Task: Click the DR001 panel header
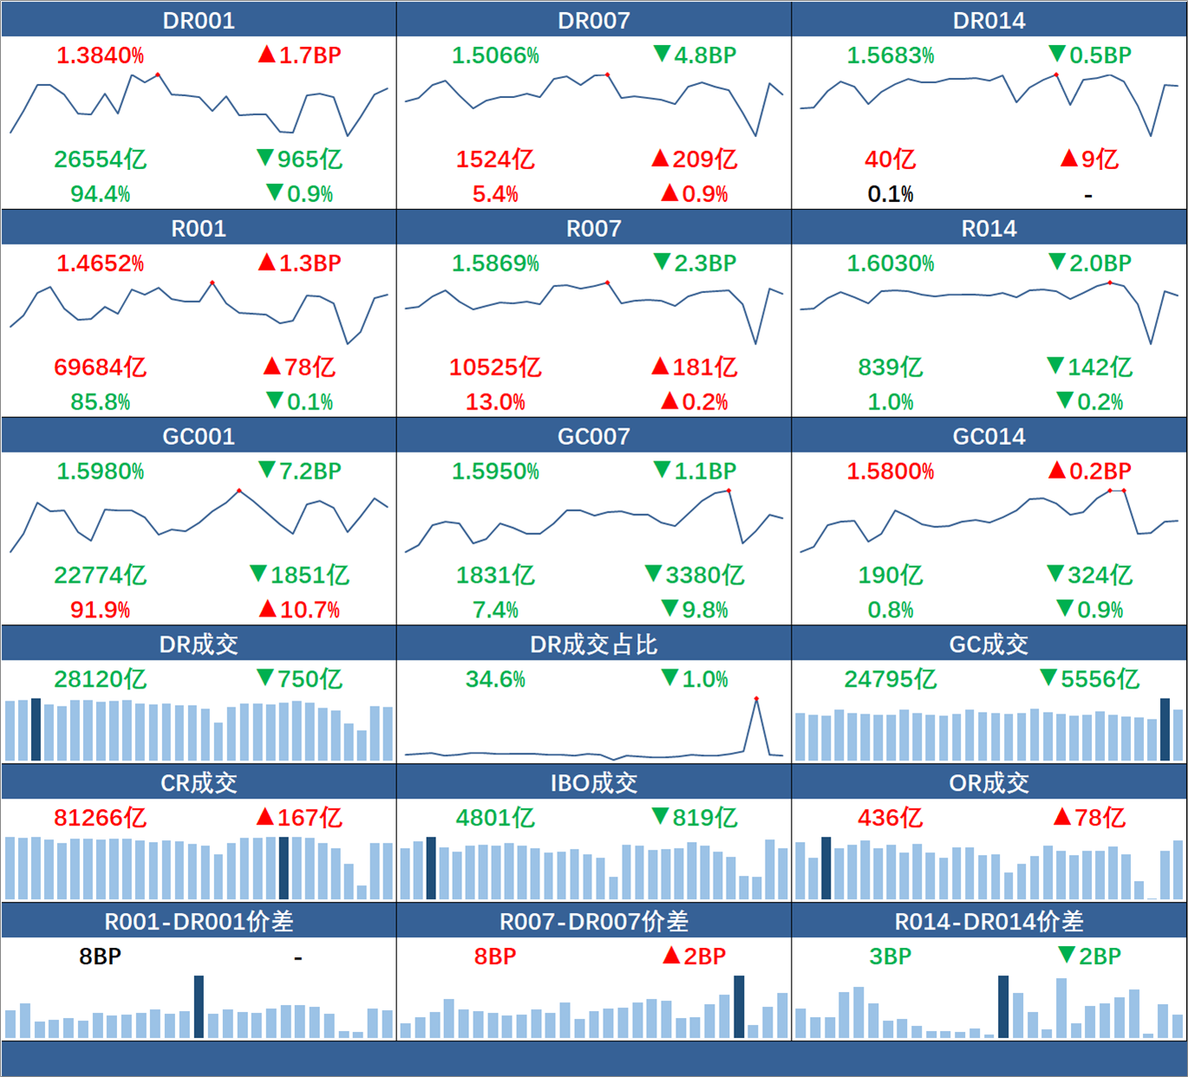pos(199,20)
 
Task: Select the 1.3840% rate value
pos(100,55)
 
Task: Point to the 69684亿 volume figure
pos(100,368)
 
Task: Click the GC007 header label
pos(594,436)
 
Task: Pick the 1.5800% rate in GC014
pos(890,472)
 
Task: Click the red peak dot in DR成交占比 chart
pos(756,699)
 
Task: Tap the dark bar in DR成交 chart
pos(36,729)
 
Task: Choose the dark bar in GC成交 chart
pos(1165,729)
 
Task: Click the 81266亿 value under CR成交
pos(100,818)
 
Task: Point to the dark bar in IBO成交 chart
pos(431,867)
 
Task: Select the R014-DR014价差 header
pos(989,922)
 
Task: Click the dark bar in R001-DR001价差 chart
pos(199,1006)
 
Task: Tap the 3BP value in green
pos(890,956)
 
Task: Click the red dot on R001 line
pos(212,283)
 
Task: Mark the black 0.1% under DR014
pos(890,194)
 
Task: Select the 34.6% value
pos(495,679)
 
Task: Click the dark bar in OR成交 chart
pos(826,867)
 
